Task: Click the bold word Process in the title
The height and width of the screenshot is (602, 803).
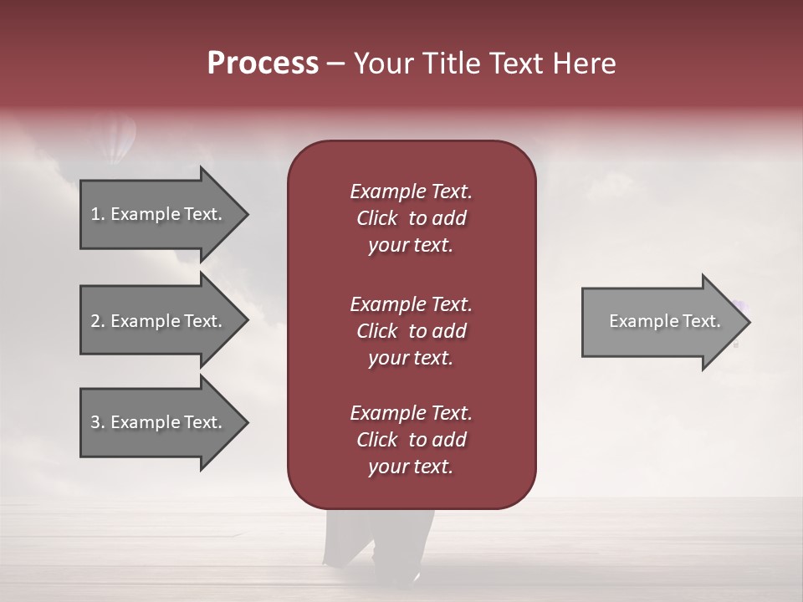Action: point(263,64)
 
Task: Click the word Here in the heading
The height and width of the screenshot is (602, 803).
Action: point(585,64)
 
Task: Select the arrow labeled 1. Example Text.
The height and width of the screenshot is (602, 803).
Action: point(159,214)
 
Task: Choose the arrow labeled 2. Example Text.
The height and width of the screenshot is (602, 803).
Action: point(159,321)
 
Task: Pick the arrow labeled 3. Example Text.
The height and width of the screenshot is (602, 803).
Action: point(159,422)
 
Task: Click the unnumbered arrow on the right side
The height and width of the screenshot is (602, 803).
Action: point(661,321)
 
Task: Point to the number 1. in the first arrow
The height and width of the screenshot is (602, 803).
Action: point(98,214)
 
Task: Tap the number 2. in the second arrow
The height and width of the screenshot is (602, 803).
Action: point(98,321)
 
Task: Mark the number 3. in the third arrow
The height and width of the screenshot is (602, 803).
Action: point(98,422)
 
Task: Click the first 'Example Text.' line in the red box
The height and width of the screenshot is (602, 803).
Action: point(411,191)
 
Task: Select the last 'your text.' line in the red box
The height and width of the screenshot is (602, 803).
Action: point(411,467)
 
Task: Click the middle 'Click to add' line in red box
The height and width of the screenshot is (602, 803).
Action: point(411,331)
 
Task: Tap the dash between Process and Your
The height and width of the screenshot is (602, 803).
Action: point(335,64)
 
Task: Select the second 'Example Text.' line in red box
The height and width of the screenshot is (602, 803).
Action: point(411,304)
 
